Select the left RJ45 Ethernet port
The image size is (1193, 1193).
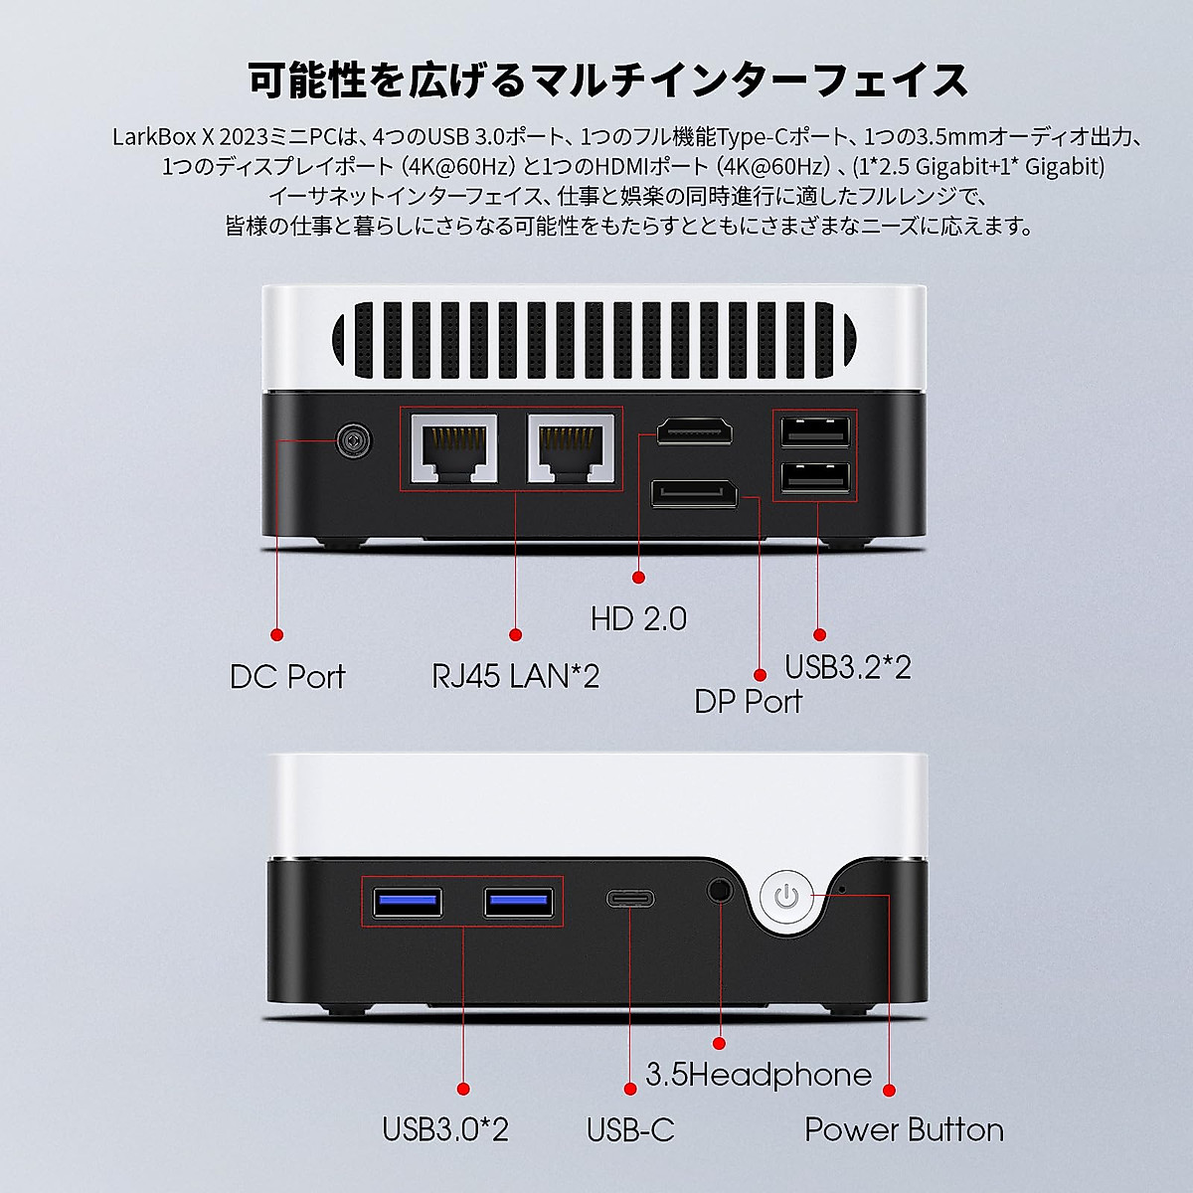454,449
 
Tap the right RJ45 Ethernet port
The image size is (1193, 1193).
571,449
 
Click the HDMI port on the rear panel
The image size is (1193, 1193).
694,431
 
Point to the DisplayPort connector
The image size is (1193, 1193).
694,492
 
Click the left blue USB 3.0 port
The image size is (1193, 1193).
407,902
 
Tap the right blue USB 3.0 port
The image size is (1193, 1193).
517,902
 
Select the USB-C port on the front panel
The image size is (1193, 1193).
630,899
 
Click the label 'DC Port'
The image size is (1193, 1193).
286,677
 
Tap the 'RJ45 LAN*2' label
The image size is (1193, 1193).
515,677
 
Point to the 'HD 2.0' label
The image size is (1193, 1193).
638,619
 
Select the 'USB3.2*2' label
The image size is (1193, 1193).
847,666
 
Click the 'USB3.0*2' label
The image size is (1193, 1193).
445,1129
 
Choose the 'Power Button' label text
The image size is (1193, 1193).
904,1129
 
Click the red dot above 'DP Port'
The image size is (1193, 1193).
761,674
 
